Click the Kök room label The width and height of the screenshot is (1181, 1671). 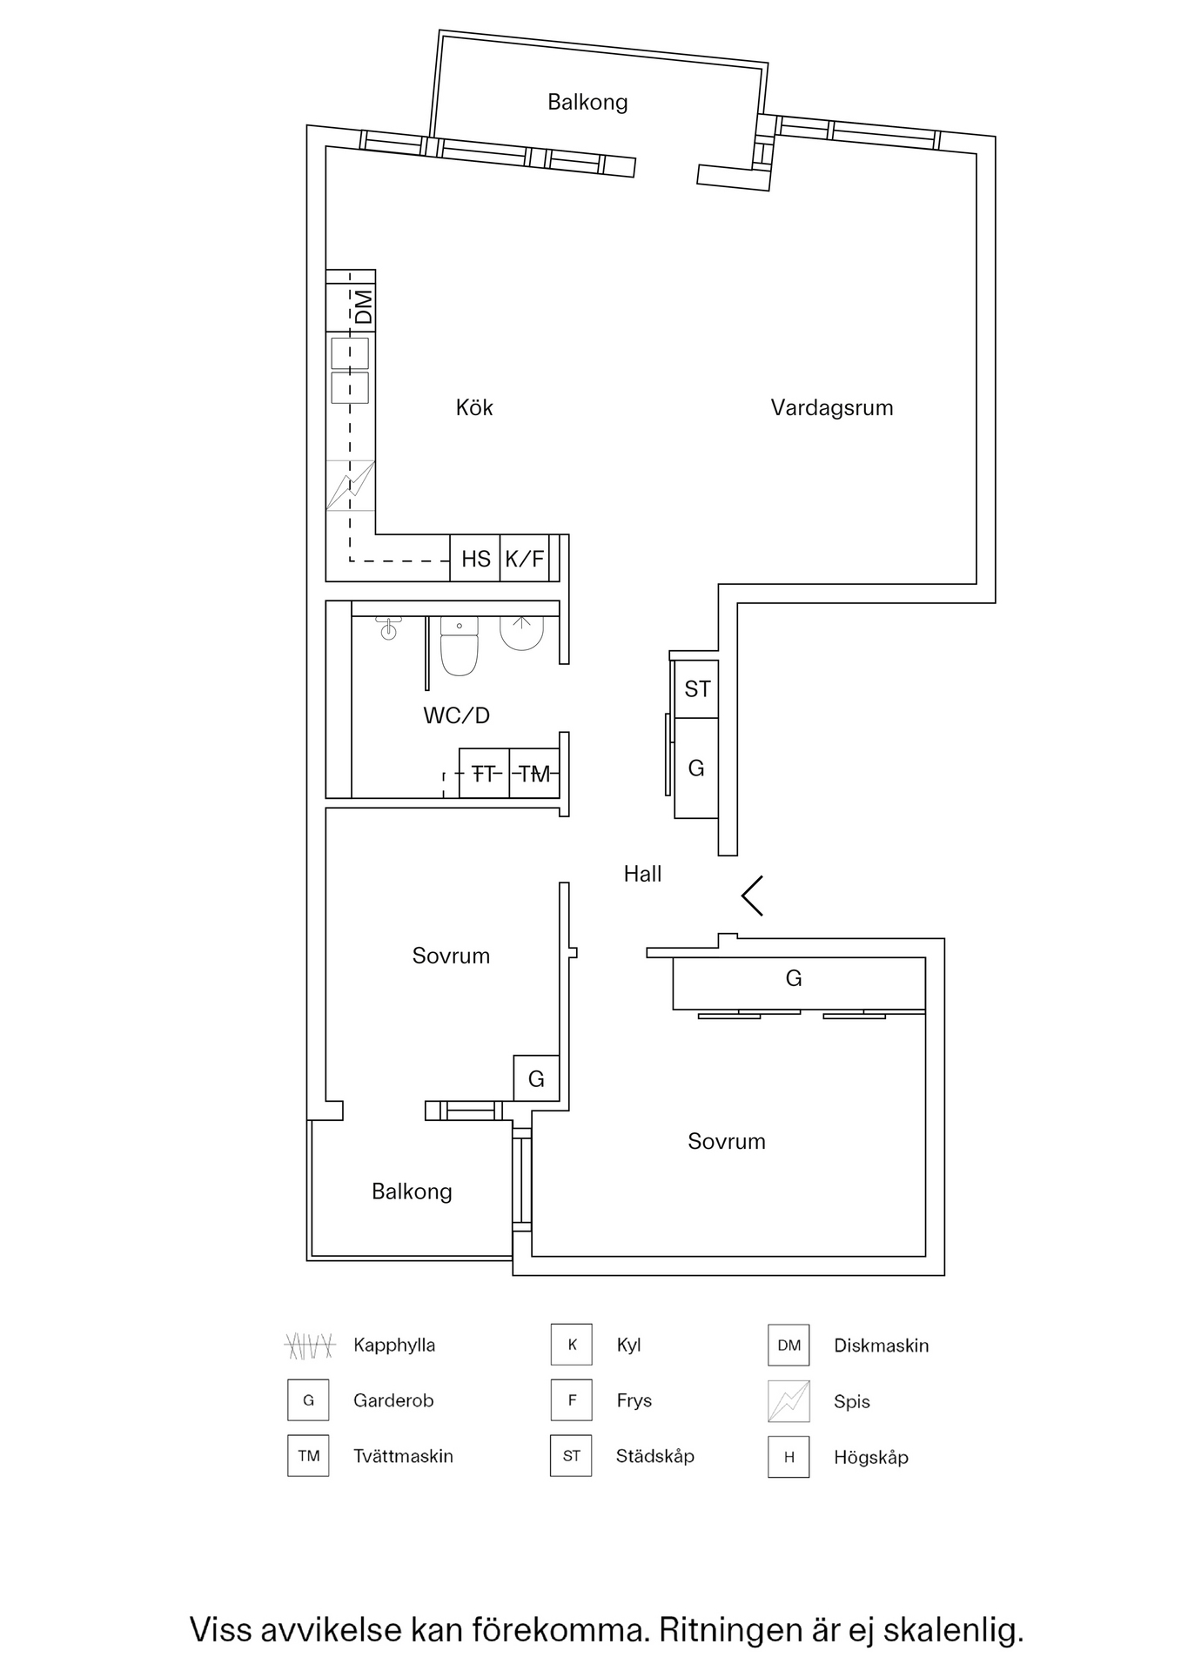point(474,407)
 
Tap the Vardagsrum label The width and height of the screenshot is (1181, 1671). point(831,407)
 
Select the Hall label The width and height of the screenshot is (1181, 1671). point(642,874)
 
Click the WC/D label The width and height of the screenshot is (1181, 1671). point(456,715)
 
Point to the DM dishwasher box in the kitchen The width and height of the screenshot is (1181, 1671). point(363,306)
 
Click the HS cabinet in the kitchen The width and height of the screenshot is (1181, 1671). point(475,559)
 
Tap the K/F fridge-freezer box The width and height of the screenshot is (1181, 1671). point(525,559)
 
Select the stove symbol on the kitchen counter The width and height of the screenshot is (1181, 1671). point(351,486)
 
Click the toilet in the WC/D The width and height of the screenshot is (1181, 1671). point(460,648)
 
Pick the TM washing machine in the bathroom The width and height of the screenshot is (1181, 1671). point(534,773)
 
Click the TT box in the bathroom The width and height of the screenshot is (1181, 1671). point(484,773)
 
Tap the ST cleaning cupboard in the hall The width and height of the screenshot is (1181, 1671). point(697,689)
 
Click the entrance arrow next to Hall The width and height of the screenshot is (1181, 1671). point(753,896)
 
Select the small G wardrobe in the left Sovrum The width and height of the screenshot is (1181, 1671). point(536,1079)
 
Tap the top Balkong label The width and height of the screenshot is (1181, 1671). point(587,102)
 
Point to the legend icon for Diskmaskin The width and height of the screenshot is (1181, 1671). point(788,1346)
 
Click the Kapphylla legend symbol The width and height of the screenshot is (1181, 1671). point(310,1346)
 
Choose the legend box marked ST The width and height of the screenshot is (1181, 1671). point(571,1456)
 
